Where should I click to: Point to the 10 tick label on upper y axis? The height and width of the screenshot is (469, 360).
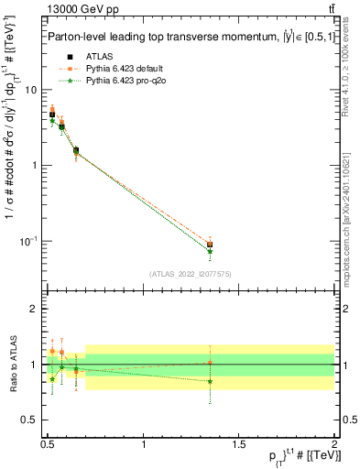point(30,90)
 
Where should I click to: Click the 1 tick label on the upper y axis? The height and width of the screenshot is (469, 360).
point(33,166)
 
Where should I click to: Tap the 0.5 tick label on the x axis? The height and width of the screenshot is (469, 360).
point(48,444)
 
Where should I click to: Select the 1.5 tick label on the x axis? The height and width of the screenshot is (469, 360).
point(239,444)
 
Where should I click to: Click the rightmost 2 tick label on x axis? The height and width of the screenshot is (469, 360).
point(333,444)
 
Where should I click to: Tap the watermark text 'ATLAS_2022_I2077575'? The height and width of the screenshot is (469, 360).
point(191,274)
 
